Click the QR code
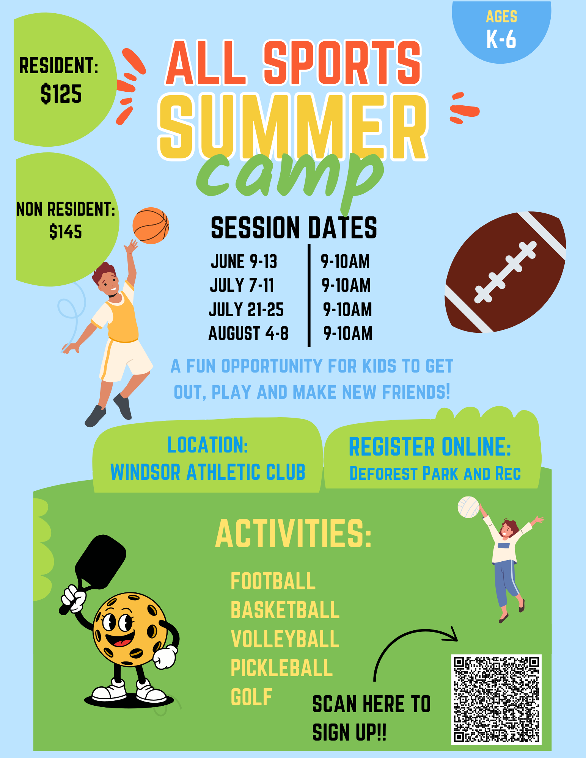pyautogui.click(x=496, y=700)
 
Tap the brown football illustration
pyautogui.click(x=506, y=272)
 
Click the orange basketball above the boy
pyautogui.click(x=151, y=226)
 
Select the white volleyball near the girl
pyautogui.click(x=469, y=507)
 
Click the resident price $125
pyautogui.click(x=61, y=94)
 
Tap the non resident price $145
pyautogui.click(x=66, y=232)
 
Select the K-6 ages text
pyautogui.click(x=501, y=39)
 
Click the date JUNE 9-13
pyautogui.click(x=244, y=262)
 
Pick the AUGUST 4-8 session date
pyautogui.click(x=248, y=334)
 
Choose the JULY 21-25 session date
pyautogui.click(x=246, y=310)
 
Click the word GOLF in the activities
pyautogui.click(x=251, y=697)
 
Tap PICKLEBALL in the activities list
pyautogui.click(x=282, y=668)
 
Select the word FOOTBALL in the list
pyautogui.click(x=273, y=581)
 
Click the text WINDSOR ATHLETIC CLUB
pyautogui.click(x=208, y=472)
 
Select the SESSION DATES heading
pyautogui.click(x=294, y=228)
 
